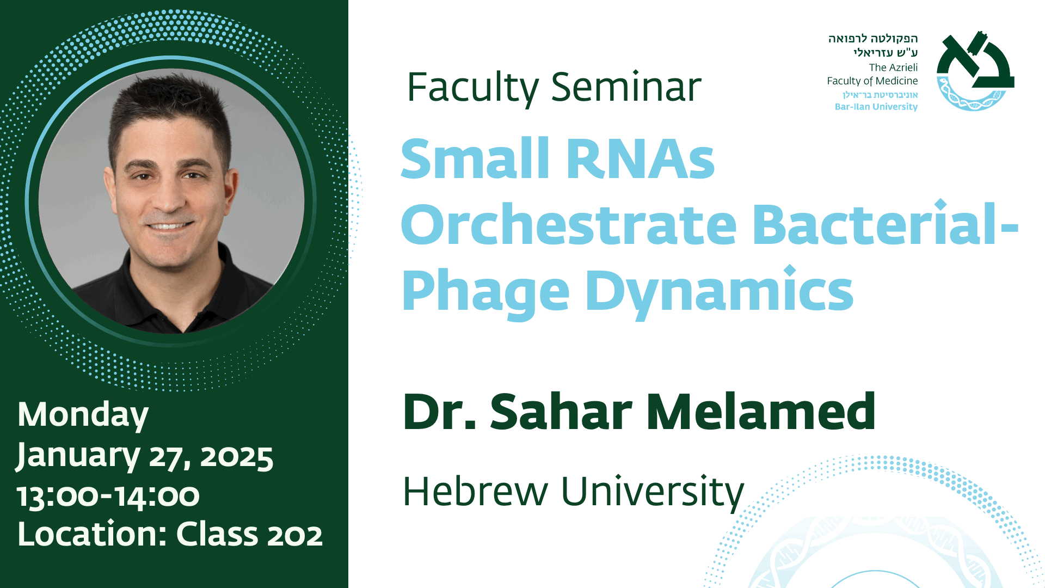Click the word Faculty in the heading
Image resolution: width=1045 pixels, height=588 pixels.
472,88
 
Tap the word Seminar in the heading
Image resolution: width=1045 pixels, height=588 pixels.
626,87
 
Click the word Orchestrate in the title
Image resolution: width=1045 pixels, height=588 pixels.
569,224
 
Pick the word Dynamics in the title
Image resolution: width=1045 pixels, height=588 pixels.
719,292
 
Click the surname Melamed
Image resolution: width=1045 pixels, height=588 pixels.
761,412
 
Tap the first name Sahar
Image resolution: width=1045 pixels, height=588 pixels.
561,412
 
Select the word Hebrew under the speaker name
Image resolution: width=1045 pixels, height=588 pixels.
475,491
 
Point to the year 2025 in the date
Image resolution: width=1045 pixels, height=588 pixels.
236,457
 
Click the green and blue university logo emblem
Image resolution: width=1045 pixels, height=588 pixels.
975,71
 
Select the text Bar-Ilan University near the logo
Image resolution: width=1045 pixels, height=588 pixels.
876,107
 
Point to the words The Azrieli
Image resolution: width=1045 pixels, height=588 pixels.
893,68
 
